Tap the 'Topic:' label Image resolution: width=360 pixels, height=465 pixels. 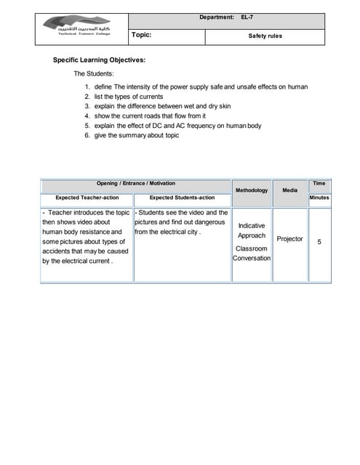pyautogui.click(x=141, y=34)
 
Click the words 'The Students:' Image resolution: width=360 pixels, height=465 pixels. pyautogui.click(x=93, y=73)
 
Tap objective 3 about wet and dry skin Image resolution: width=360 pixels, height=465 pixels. pyautogui.click(x=162, y=106)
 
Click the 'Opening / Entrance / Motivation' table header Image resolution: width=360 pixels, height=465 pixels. pyautogui.click(x=136, y=184)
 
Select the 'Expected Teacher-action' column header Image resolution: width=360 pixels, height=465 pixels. pyautogui.click(x=87, y=197)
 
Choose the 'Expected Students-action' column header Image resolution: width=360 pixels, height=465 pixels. pyautogui.click(x=182, y=197)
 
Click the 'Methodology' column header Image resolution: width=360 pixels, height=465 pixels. pyautogui.click(x=252, y=190)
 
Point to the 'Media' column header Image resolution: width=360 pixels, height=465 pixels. pyautogui.click(x=289, y=190)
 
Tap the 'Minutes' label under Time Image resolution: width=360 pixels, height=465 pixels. pyautogui.click(x=319, y=197)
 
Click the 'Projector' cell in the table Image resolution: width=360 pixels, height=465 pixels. pyautogui.click(x=289, y=238)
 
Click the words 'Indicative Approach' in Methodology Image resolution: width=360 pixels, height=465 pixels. pyautogui.click(x=252, y=231)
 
